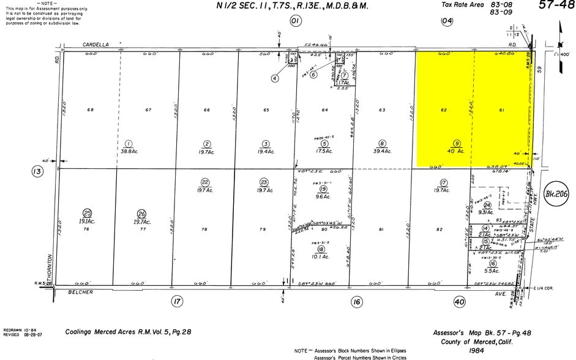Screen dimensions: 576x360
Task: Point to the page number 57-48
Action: [556, 6]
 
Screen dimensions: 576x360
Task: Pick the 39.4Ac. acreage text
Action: [382, 151]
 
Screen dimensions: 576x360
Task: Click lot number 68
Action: [91, 110]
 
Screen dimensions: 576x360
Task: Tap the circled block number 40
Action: [459, 301]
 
